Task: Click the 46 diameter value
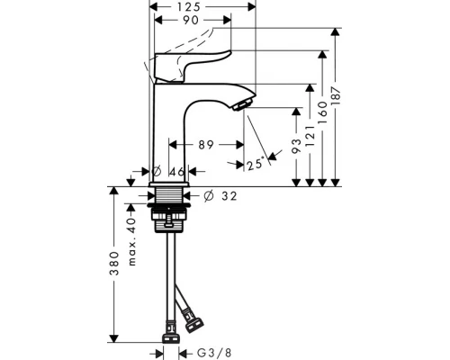point(177,170)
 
